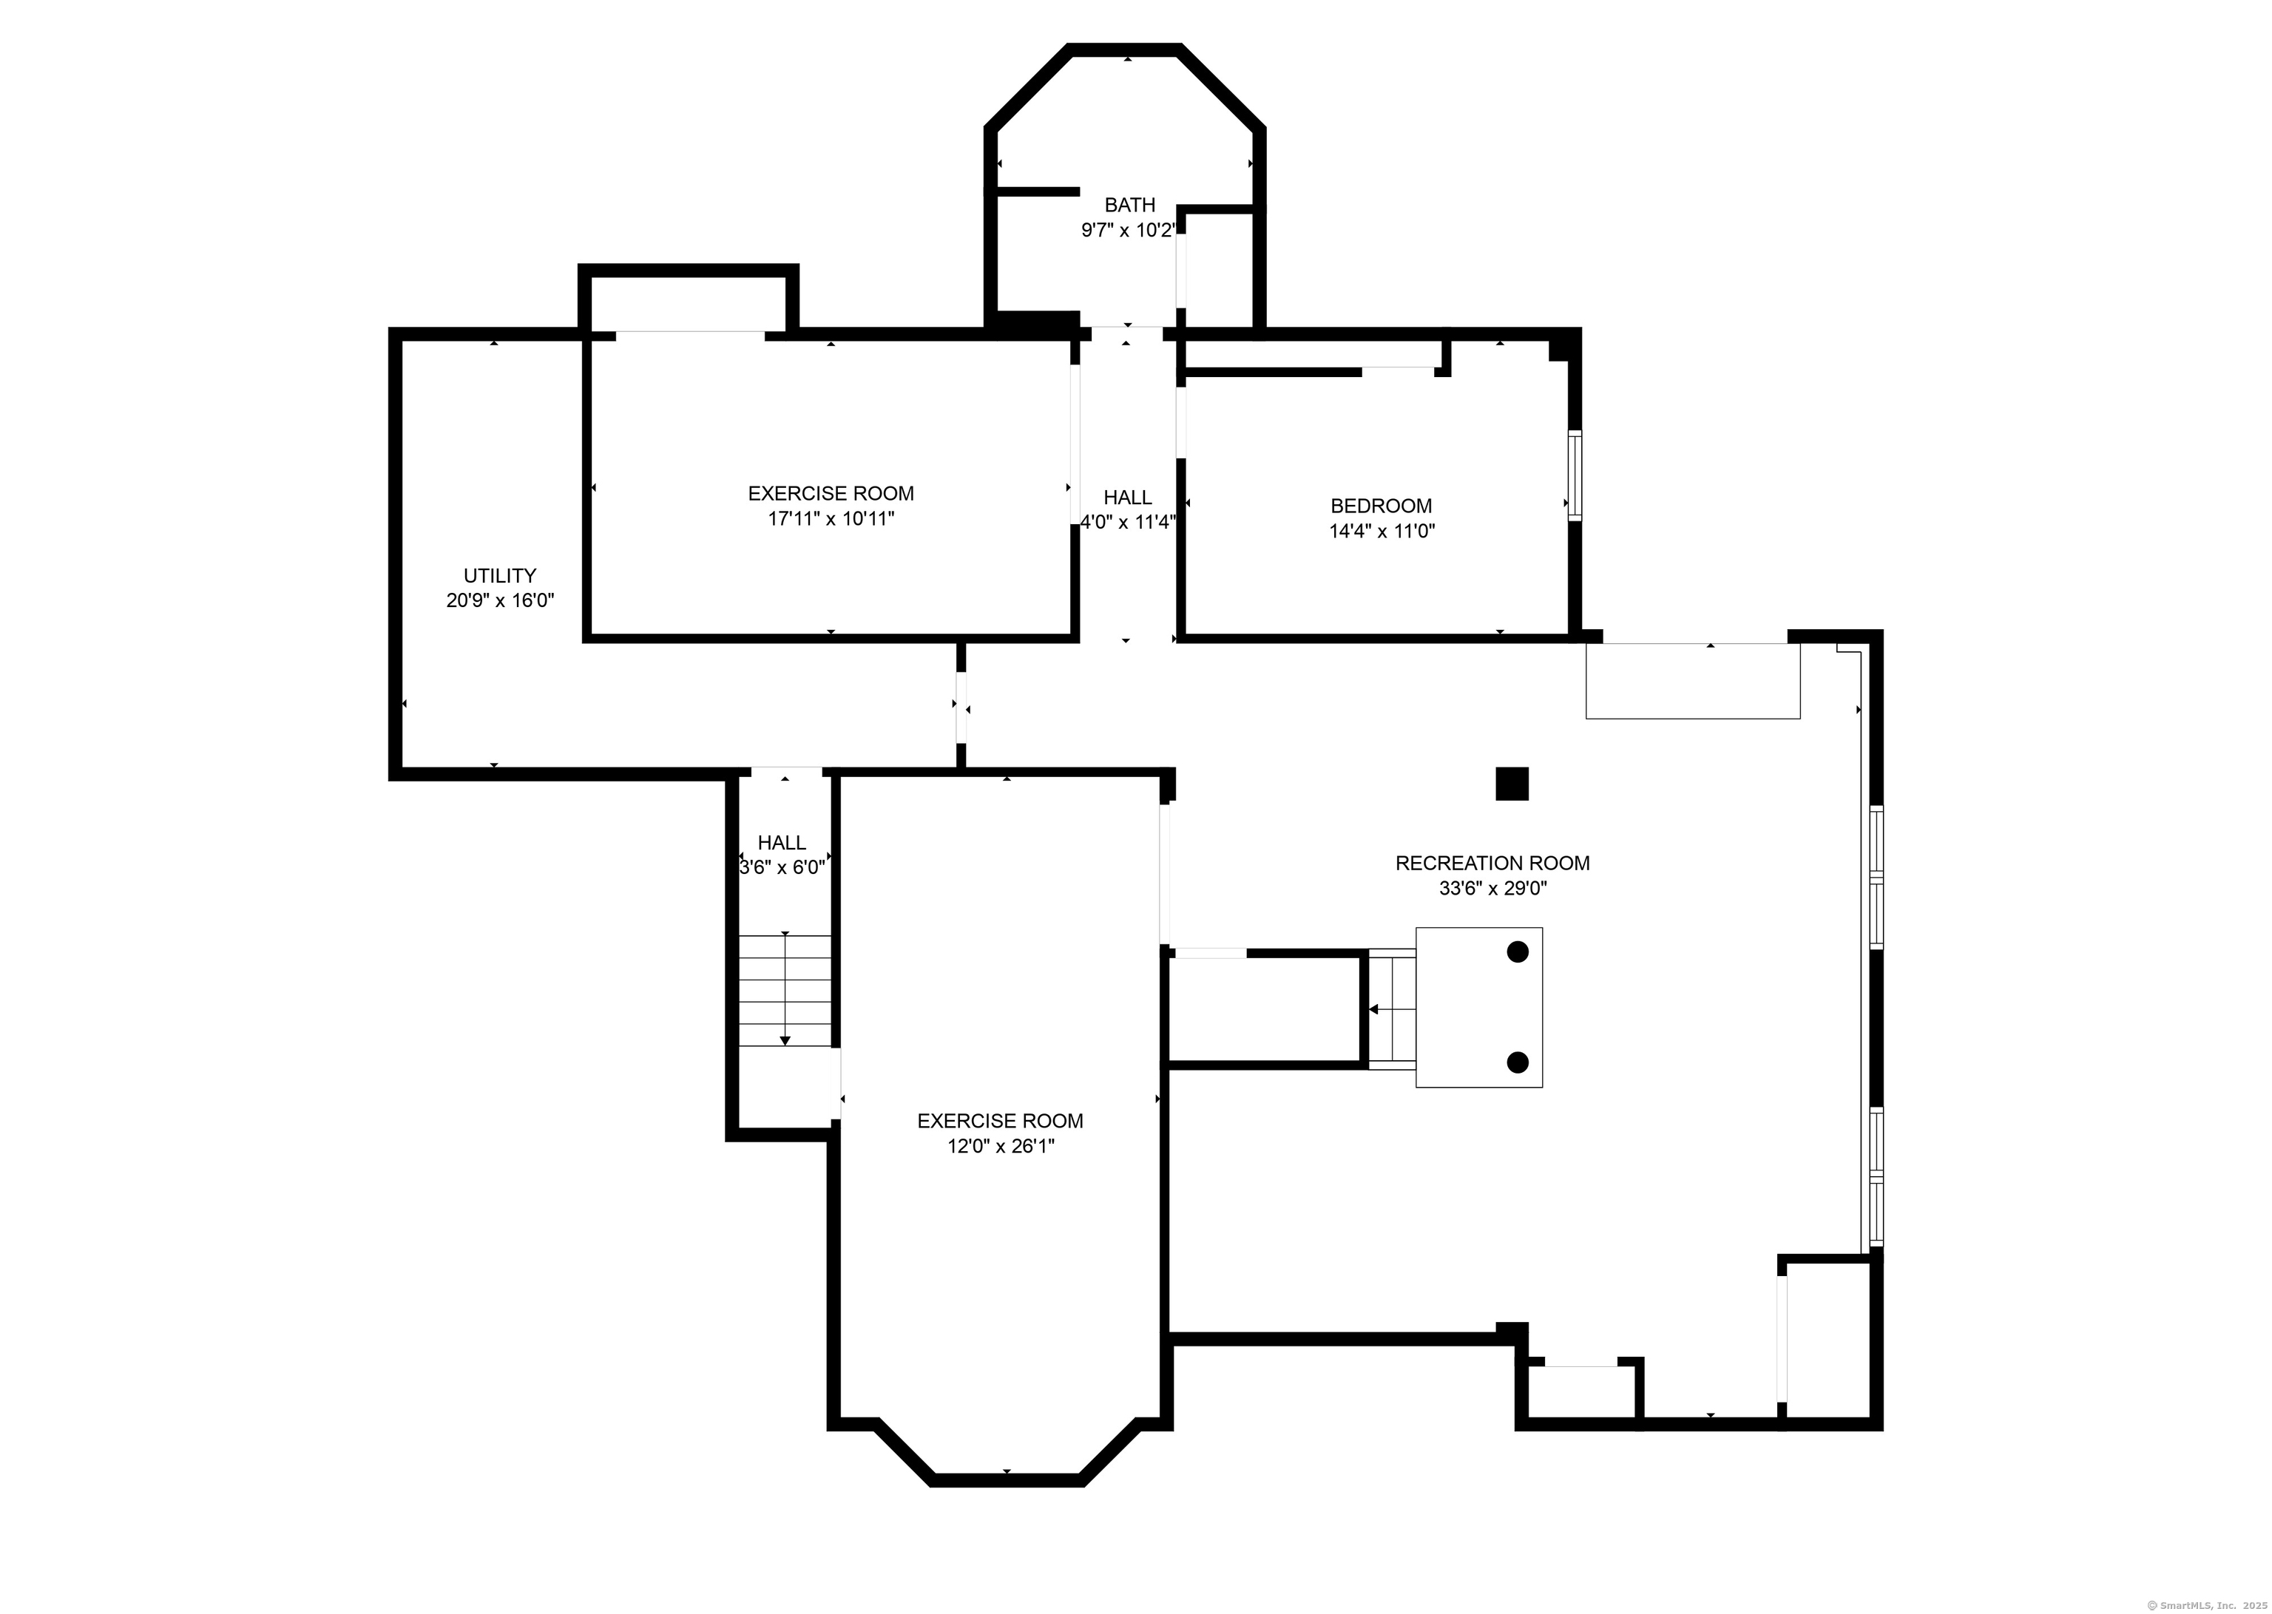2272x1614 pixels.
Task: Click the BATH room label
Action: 1129,205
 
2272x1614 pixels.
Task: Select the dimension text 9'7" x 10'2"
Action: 1128,231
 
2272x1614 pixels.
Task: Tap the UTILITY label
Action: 500,575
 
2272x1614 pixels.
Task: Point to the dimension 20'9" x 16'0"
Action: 500,600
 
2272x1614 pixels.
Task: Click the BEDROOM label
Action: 1381,506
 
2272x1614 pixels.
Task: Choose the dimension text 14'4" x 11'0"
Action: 1382,531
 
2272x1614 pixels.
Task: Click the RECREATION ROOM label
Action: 1492,864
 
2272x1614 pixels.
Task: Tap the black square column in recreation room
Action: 1512,784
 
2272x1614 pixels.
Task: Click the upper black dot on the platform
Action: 1518,952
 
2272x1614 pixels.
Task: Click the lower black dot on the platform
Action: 1518,1062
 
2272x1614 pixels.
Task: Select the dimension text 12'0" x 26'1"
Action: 1000,1146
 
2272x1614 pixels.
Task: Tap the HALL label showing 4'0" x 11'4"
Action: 1127,497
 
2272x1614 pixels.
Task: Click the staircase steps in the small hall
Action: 784,991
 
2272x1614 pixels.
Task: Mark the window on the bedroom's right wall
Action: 1575,475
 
